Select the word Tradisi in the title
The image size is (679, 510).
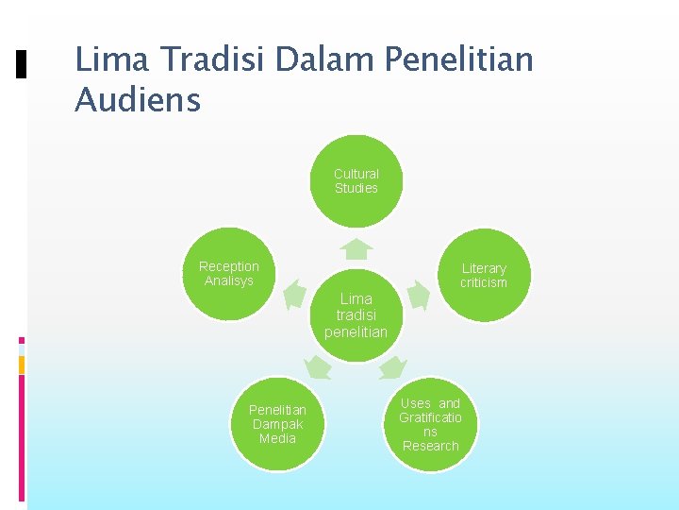[213, 59]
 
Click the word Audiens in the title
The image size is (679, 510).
[138, 99]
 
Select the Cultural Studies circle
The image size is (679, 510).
[356, 181]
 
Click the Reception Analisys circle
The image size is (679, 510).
[229, 274]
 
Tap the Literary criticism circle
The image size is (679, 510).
[484, 275]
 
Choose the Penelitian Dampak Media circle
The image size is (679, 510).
[277, 424]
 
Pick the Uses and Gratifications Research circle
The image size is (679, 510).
[430, 425]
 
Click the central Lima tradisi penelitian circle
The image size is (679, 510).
[356, 315]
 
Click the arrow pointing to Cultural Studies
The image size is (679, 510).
[356, 248]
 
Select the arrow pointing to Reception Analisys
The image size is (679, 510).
[294, 294]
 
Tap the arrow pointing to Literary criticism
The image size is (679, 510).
[418, 295]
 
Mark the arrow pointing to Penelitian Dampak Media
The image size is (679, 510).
[318, 366]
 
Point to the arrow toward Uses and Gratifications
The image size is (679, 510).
[393, 366]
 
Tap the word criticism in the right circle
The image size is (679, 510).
[484, 282]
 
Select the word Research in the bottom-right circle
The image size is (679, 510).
[430, 446]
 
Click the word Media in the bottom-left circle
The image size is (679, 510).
[277, 438]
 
